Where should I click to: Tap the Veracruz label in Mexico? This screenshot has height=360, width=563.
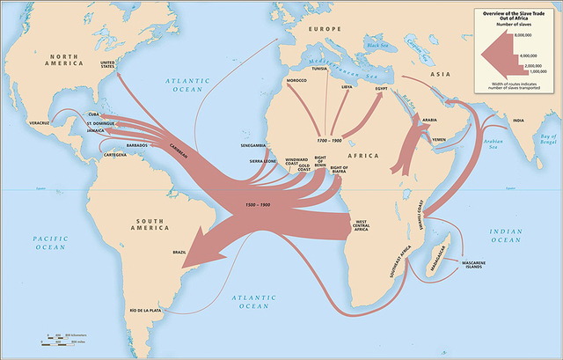pyautogui.click(x=40, y=122)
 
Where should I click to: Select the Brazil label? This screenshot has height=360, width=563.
pyautogui.click(x=179, y=253)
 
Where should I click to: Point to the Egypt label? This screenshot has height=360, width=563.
pyautogui.click(x=381, y=88)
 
